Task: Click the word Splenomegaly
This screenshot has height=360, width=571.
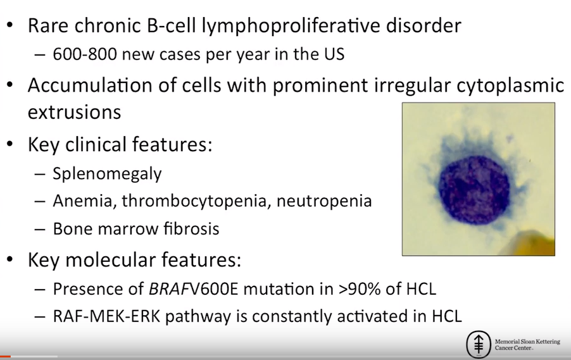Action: pos(107,174)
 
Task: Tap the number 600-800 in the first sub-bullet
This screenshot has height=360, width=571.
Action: pos(85,54)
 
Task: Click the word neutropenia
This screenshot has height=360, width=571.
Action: pos(324,201)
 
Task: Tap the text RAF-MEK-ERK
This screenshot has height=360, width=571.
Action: pos(106,316)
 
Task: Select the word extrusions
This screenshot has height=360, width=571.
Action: pos(74,112)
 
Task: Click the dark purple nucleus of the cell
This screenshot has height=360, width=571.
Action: pos(474,190)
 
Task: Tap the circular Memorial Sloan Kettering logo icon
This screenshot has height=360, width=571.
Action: pos(479,344)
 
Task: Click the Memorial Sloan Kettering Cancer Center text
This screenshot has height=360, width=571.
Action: pos(527,345)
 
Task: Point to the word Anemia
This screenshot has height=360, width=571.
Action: pos(83,201)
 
